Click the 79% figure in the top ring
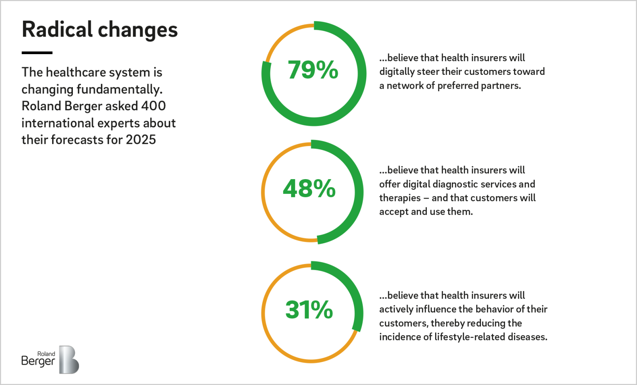313,70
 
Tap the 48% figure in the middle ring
309,188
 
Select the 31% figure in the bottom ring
309,310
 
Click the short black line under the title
37,53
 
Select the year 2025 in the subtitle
141,140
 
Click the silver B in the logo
69,360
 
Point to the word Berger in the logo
38,361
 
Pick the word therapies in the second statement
400,198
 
